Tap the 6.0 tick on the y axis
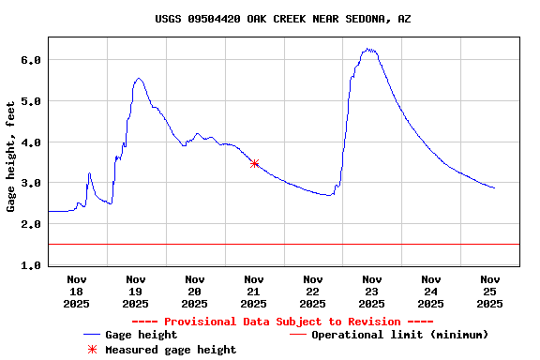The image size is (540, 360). point(31,60)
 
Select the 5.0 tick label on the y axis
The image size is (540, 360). point(31,101)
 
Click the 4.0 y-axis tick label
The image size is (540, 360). point(31,142)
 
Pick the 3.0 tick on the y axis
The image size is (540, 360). point(31,184)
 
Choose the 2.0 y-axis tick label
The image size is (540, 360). point(31,225)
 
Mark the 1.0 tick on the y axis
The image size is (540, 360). point(31,266)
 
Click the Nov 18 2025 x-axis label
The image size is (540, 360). point(77,291)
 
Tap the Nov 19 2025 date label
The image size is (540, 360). point(136,291)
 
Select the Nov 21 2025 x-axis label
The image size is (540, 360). point(254,291)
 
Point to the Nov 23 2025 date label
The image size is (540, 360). point(372,291)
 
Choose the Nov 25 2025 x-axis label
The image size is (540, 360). point(489,291)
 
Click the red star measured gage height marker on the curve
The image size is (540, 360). point(254,163)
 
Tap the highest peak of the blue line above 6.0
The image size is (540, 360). point(369,49)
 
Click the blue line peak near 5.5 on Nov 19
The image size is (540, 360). point(139,79)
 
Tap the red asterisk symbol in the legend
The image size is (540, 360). point(92,350)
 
